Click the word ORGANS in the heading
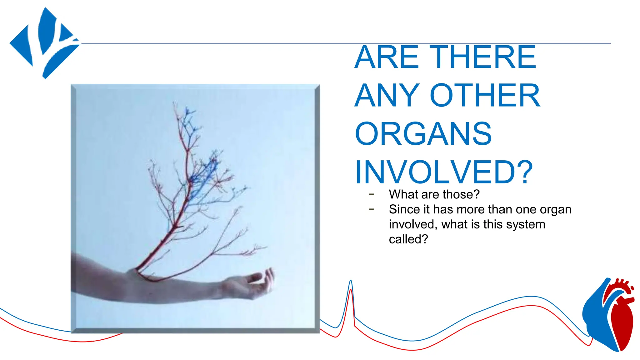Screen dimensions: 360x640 click(423, 134)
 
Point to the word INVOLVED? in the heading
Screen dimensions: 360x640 click(444, 172)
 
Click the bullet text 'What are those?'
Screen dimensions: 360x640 click(434, 194)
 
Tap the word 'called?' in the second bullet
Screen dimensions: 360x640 click(408, 239)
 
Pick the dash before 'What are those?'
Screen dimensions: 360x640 click(372, 194)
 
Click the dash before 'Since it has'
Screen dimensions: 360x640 click(372, 209)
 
